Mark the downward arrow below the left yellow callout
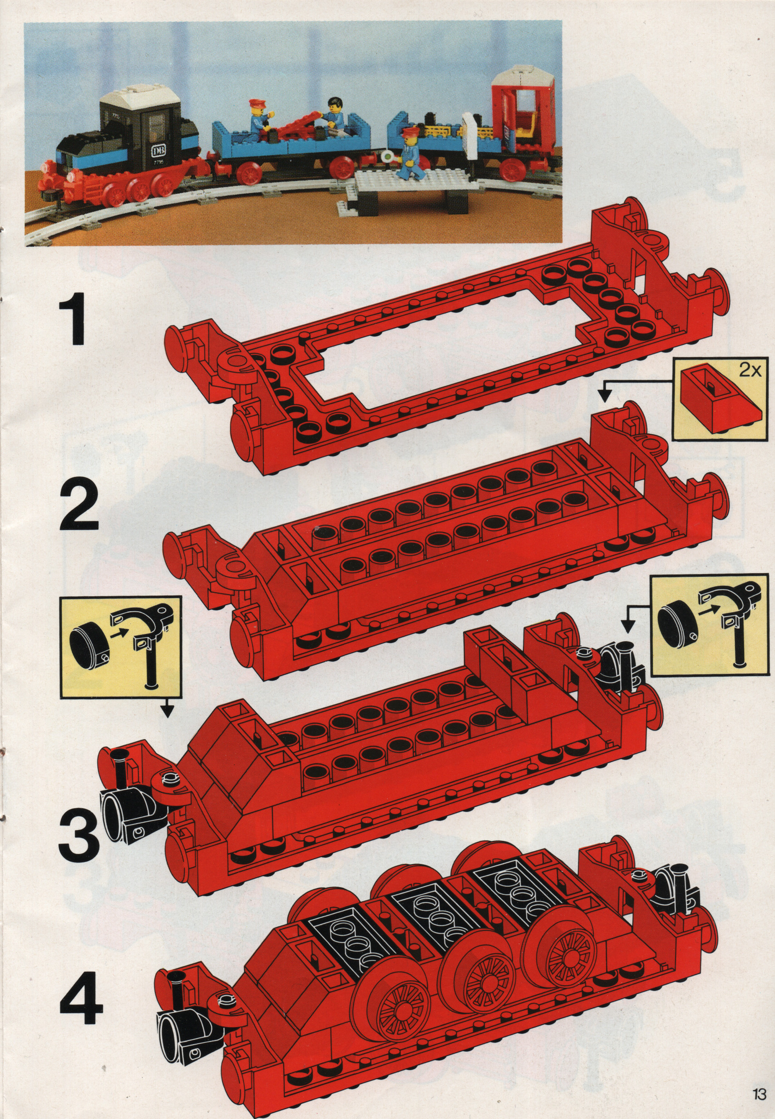167,708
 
